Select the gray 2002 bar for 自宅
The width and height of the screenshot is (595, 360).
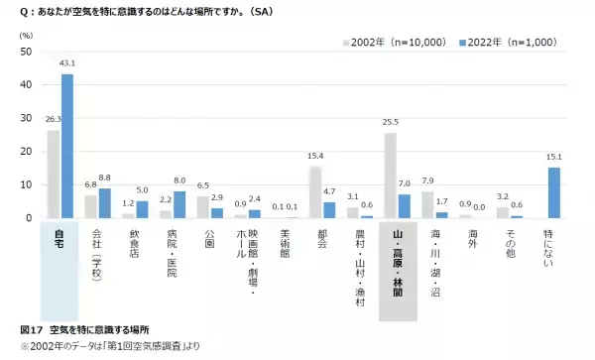click(x=54, y=174)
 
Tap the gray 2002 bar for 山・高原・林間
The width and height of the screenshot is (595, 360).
click(x=391, y=176)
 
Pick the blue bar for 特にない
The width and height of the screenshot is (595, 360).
click(x=553, y=192)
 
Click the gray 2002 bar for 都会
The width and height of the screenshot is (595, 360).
click(x=315, y=192)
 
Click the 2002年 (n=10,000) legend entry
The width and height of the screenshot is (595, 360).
click(x=388, y=44)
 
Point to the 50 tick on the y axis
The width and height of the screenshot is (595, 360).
click(x=27, y=52)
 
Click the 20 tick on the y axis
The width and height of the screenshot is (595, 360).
click(x=27, y=152)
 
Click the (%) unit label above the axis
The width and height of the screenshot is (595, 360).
click(x=26, y=36)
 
